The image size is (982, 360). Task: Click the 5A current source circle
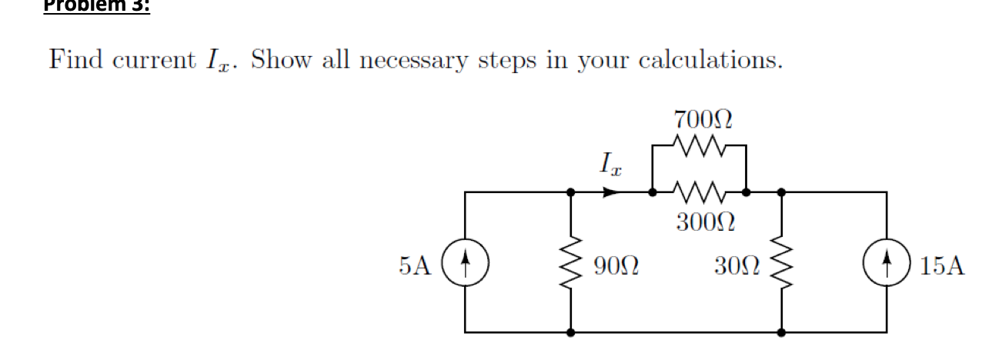[466, 266]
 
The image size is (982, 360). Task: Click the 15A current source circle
[887, 266]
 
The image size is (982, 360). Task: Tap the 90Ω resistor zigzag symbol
[570, 266]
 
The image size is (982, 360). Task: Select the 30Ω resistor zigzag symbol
[782, 266]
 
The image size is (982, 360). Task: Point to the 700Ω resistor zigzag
[698, 143]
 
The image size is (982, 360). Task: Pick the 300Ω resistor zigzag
[698, 191]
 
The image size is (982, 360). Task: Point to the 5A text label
[416, 266]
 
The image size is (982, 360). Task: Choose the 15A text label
[940, 267]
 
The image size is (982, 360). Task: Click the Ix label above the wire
[607, 164]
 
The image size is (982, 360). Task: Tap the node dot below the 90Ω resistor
[570, 333]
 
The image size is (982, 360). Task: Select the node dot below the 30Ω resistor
[782, 333]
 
